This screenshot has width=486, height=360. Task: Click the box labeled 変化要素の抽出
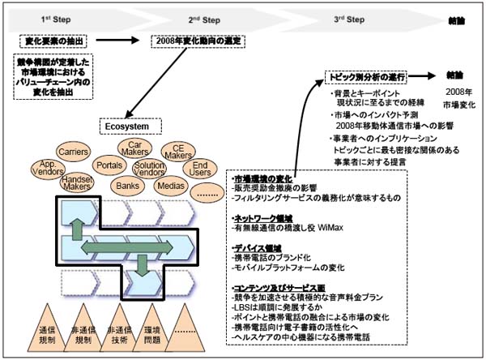[50, 39]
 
